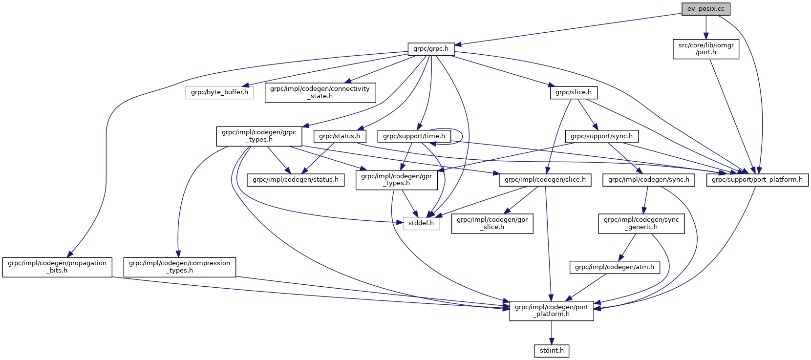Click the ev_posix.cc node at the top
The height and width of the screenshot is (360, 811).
pyautogui.click(x=706, y=9)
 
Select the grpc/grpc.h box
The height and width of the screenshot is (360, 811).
pyautogui.click(x=430, y=49)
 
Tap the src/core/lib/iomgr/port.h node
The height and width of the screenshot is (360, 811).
pyautogui.click(x=705, y=49)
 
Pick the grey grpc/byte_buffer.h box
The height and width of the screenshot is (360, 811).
pyautogui.click(x=219, y=92)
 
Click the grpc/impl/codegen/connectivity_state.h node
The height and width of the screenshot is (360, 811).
pyautogui.click(x=320, y=92)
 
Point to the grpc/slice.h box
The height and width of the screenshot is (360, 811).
pyautogui.click(x=574, y=92)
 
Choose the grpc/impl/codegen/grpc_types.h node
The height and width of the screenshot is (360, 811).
pyautogui.click(x=259, y=136)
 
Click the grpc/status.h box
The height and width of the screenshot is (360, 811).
pyautogui.click(x=340, y=136)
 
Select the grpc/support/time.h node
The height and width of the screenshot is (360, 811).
pyautogui.click(x=414, y=136)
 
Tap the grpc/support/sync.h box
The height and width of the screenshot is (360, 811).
pyautogui.click(x=601, y=136)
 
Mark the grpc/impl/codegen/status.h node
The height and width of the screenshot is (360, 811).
pyautogui.click(x=296, y=180)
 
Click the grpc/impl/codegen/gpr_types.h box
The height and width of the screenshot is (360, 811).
pyautogui.click(x=396, y=180)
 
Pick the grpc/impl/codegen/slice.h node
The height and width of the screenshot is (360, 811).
pyautogui.click(x=545, y=180)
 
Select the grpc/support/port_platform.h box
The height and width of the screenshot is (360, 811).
pyautogui.click(x=757, y=180)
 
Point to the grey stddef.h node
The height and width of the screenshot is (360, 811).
pyautogui.click(x=421, y=223)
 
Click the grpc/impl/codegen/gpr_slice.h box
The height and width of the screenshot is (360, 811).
pyautogui.click(x=492, y=223)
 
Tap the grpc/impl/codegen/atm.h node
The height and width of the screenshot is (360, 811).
pyautogui.click(x=615, y=267)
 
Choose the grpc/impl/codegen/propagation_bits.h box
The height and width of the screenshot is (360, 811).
pyautogui.click(x=57, y=267)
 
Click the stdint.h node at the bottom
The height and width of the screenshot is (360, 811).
pyautogui.click(x=552, y=351)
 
